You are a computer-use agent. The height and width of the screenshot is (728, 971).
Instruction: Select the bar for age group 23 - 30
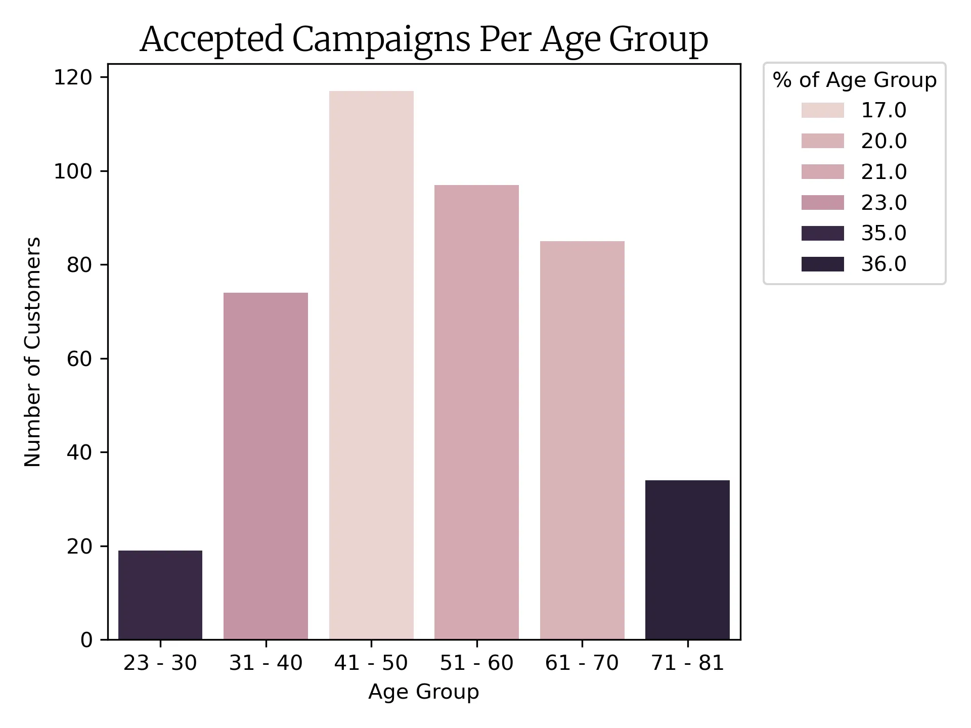pos(160,595)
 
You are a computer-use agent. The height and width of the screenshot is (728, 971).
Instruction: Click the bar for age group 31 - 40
pos(266,466)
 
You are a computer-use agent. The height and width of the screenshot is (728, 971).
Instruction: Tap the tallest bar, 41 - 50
pos(371,365)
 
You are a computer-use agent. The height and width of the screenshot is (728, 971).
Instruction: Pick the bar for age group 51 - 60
pos(476,412)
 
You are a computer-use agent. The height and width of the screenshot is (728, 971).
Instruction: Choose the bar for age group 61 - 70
pos(582,440)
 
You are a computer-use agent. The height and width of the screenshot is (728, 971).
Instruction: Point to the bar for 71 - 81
pos(687,560)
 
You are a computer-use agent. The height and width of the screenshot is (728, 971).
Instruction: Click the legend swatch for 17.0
pos(822,110)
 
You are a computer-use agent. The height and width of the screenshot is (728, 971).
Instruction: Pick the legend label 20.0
pos(884,141)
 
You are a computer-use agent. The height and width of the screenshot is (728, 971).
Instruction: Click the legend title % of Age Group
pos(854,80)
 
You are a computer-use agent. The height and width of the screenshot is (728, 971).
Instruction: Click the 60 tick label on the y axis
pos(79,359)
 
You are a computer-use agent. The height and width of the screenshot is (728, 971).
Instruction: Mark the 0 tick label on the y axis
pos(86,640)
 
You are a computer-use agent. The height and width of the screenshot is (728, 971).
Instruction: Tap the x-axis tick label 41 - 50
pos(371,663)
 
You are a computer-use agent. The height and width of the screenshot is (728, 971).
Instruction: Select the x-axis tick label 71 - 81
pos(687,663)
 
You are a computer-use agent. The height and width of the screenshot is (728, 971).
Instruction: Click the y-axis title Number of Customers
pos(32,352)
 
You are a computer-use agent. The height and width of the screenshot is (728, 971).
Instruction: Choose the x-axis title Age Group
pos(423,692)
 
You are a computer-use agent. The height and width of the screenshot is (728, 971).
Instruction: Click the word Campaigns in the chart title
pos(381,39)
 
